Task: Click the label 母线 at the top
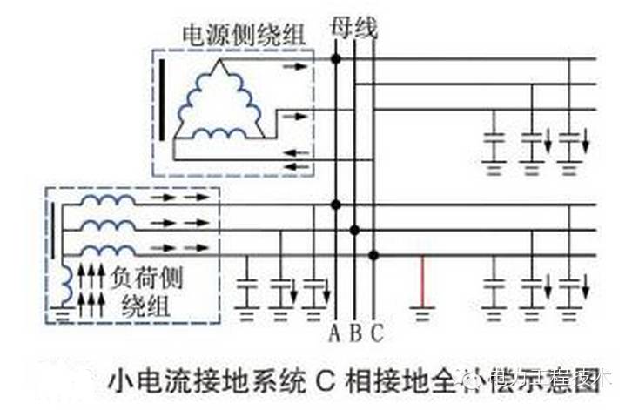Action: [354, 27]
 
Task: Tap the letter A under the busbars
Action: [335, 333]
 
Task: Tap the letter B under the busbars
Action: [355, 333]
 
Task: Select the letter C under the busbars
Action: [376, 333]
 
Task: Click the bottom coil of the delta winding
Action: [219, 133]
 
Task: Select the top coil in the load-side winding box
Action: [108, 200]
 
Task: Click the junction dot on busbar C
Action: [373, 254]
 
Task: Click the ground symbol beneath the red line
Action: [422, 311]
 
